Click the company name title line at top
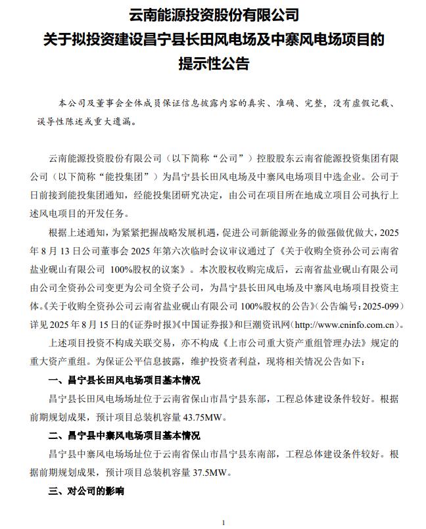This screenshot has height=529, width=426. click(x=213, y=14)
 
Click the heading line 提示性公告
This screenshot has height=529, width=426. click(x=213, y=65)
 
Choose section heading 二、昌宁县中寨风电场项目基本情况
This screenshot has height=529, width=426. click(x=124, y=436)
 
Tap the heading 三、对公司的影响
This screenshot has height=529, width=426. click(x=86, y=490)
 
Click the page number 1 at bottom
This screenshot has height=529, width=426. click(x=224, y=522)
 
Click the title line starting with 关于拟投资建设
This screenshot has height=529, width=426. click(x=213, y=39)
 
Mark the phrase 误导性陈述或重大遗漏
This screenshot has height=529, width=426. click(x=83, y=122)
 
